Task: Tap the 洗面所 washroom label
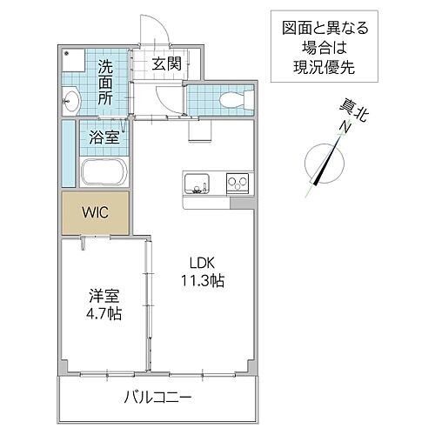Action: [x=105, y=81]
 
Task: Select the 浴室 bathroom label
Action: [x=105, y=135]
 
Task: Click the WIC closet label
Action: [x=95, y=211]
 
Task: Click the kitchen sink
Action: [x=197, y=184]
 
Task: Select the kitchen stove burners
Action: [x=237, y=184]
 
